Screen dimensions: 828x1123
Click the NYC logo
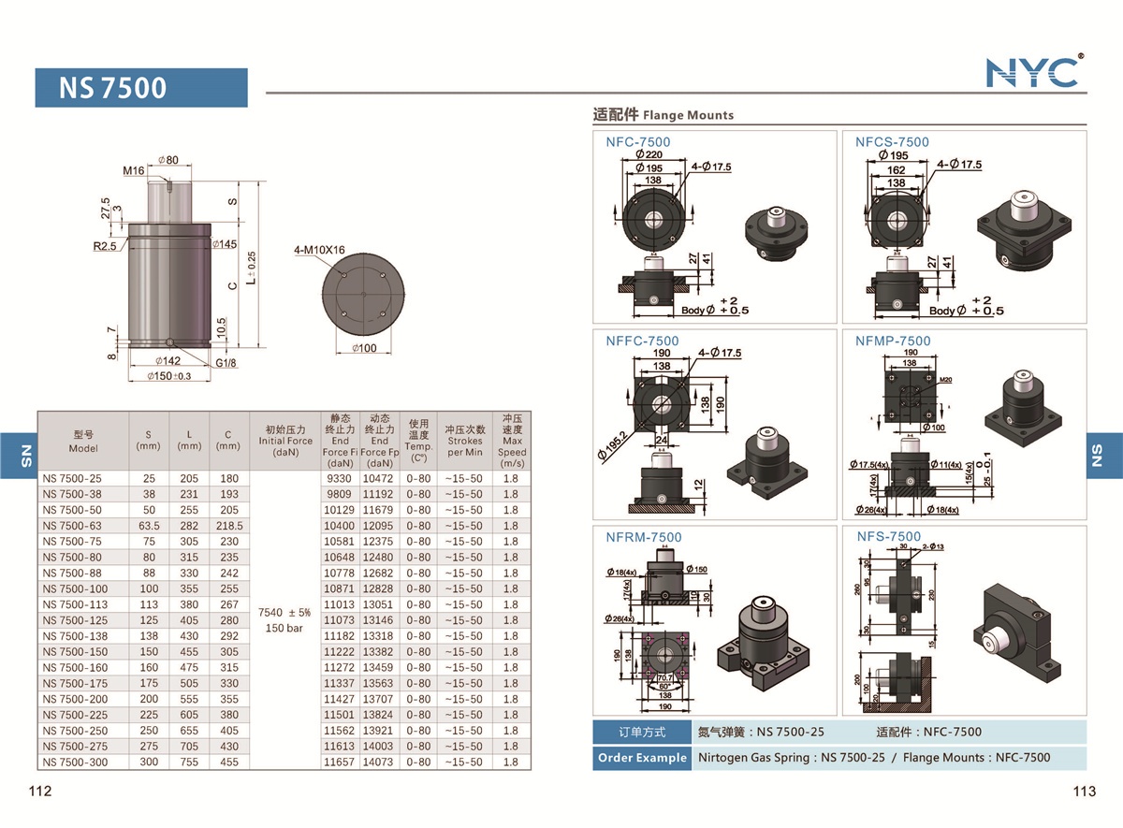tap(1033, 72)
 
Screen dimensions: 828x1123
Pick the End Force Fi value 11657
tap(338, 762)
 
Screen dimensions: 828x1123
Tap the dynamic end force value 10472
tap(379, 478)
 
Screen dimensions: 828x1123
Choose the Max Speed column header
tap(512, 441)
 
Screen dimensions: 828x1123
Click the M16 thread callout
tap(134, 171)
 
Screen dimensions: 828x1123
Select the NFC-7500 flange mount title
tap(637, 142)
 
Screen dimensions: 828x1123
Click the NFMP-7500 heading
tap(893, 341)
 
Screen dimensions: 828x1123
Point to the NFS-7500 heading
tap(888, 537)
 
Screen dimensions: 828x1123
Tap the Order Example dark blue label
tap(643, 758)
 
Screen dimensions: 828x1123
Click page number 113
tap(1084, 792)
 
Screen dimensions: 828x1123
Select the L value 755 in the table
tap(189, 762)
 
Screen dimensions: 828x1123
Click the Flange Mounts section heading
tap(664, 115)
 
